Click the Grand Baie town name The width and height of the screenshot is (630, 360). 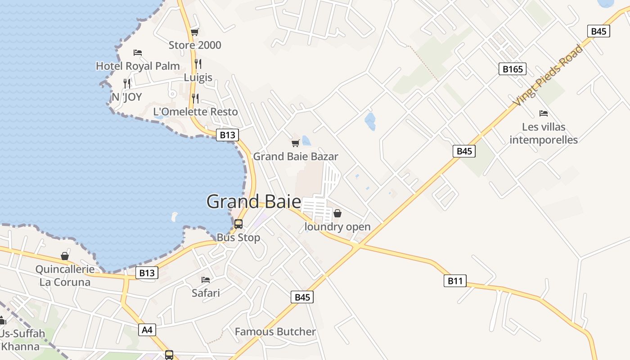247,201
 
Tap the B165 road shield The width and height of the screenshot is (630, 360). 512,69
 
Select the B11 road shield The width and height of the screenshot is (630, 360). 454,281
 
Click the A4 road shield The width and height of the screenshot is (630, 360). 147,330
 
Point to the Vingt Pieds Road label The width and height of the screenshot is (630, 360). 548,76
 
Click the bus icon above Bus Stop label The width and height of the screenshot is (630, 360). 238,224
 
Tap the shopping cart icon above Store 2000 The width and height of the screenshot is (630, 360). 195,32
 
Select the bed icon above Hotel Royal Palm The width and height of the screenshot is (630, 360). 138,53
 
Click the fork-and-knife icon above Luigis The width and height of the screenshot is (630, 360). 198,64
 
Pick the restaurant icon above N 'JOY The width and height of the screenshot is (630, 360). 127,83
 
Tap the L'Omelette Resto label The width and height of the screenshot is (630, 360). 195,112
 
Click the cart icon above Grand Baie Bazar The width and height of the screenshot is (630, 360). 295,144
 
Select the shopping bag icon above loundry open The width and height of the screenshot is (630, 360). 337,213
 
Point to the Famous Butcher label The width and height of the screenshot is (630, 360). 275,332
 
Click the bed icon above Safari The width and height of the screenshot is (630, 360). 206,280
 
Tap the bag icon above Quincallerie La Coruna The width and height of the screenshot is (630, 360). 65,256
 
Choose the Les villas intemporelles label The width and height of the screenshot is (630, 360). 544,133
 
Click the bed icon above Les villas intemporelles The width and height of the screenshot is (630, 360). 544,113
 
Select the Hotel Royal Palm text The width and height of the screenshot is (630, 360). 138,66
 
